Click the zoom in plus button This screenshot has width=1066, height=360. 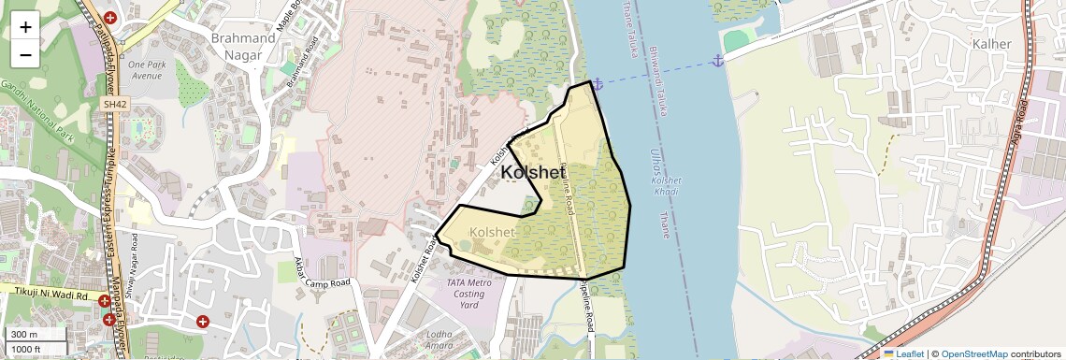tap(25, 27)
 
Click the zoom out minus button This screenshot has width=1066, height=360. tap(25, 54)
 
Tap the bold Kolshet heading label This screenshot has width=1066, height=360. tap(539, 173)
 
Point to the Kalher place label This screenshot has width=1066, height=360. tap(991, 44)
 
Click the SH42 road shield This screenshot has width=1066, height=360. tap(115, 105)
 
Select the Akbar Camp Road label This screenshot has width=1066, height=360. tap(322, 272)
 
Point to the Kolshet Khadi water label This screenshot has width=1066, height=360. tap(666, 184)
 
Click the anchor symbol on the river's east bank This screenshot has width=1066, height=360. tap(718, 61)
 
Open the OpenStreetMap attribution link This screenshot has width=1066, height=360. tap(973, 353)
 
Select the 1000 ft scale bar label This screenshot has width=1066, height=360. tap(28, 349)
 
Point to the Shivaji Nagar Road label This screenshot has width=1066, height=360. tap(135, 255)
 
